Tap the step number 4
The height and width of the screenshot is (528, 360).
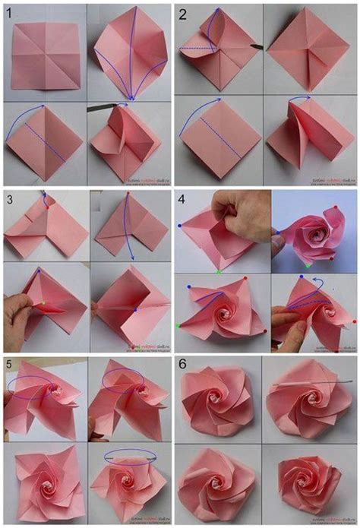pos(183,200)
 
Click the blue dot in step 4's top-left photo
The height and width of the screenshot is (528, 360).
pos(182,226)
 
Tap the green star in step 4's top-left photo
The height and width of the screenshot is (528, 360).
pos(220,271)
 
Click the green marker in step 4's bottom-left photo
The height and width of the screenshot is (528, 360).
pos(179,326)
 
